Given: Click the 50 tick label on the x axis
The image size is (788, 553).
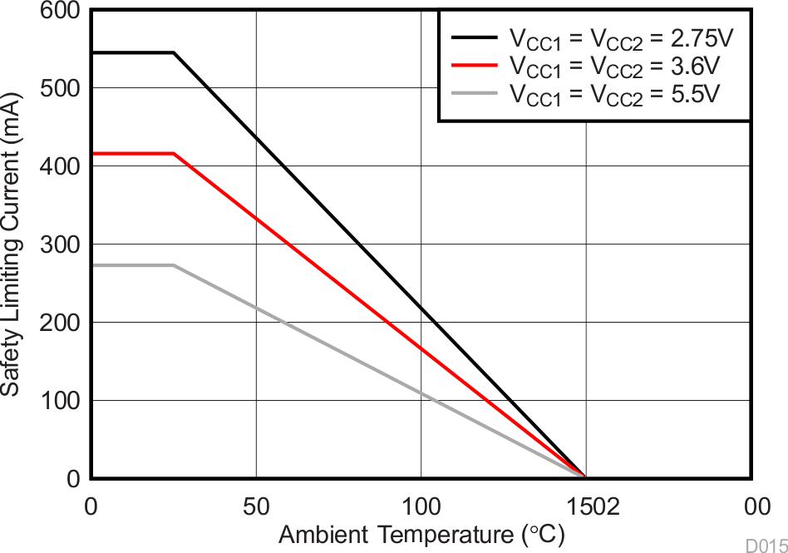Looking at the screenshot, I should [x=256, y=506].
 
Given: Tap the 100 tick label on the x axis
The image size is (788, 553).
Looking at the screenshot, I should [x=421, y=506].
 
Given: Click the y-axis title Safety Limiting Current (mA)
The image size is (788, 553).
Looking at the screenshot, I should [x=12, y=243].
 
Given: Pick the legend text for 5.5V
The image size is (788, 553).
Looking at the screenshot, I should [x=615, y=94].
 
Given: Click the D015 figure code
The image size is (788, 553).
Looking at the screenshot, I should [x=766, y=546].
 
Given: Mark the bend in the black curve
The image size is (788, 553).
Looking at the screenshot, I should [x=174, y=53].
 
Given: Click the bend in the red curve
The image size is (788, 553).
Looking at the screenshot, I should [x=174, y=154].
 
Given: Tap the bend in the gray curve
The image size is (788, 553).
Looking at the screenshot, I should [x=174, y=265].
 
